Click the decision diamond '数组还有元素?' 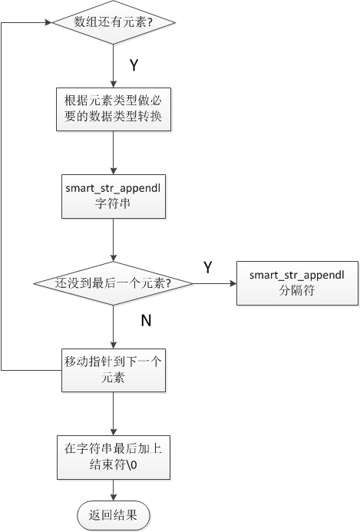click(114, 23)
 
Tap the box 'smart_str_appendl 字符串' click(114, 197)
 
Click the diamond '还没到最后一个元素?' click(114, 283)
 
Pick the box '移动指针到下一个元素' click(114, 370)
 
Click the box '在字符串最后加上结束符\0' click(114, 458)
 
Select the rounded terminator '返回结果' click(114, 515)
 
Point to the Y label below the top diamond click(133, 66)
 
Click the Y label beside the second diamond click(207, 266)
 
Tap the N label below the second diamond click(145, 321)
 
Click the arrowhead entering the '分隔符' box click(234, 283)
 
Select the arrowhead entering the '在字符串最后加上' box click(114, 432)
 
